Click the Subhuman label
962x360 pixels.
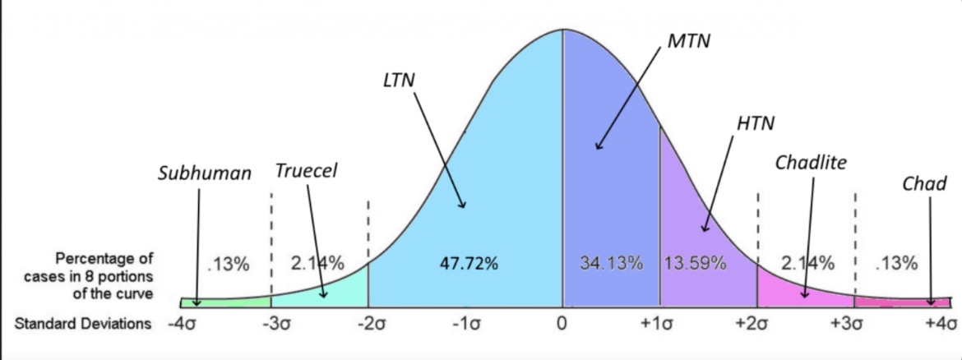205,174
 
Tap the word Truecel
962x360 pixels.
307,171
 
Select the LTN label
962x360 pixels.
400,81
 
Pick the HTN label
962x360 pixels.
756,123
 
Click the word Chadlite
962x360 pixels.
811,163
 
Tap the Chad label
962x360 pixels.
925,183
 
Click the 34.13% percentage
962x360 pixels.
610,264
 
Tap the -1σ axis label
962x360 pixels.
465,323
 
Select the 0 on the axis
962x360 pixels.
563,323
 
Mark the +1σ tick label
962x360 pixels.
658,323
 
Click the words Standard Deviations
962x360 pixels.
83,323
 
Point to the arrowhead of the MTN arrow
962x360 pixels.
597,148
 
